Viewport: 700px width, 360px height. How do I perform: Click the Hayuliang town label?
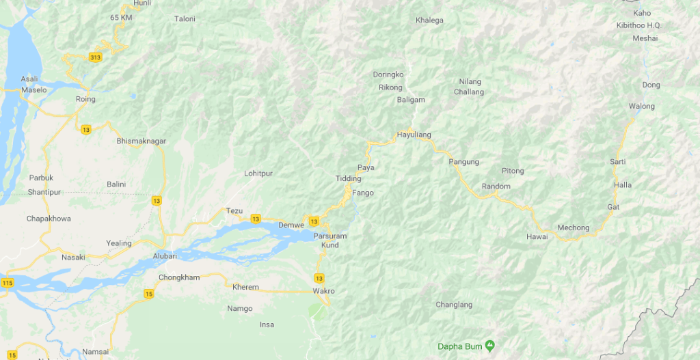click(414, 135)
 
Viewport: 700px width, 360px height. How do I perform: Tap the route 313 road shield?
click(96, 57)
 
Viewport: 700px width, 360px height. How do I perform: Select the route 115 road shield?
click(7, 283)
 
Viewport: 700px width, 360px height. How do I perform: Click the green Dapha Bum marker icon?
click(490, 346)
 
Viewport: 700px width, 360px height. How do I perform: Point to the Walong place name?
click(642, 106)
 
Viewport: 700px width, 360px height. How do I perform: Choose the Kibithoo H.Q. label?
click(639, 25)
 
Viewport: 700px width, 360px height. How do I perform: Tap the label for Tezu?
click(234, 211)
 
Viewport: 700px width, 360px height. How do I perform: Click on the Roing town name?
click(85, 99)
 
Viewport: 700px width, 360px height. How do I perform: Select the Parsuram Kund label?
click(330, 240)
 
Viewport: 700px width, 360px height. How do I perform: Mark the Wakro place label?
click(323, 291)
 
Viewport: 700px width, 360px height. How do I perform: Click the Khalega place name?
click(429, 20)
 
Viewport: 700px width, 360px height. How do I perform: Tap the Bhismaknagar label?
click(142, 141)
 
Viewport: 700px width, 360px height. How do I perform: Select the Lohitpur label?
click(258, 174)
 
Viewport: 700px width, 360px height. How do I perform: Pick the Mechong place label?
click(574, 227)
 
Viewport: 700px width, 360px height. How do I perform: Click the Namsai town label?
click(95, 351)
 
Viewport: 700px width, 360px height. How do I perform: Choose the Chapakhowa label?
click(49, 219)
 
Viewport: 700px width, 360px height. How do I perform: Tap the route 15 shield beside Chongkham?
click(149, 294)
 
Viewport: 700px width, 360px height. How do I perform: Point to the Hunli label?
click(142, 3)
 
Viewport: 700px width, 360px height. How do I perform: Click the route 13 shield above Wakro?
click(319, 277)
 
